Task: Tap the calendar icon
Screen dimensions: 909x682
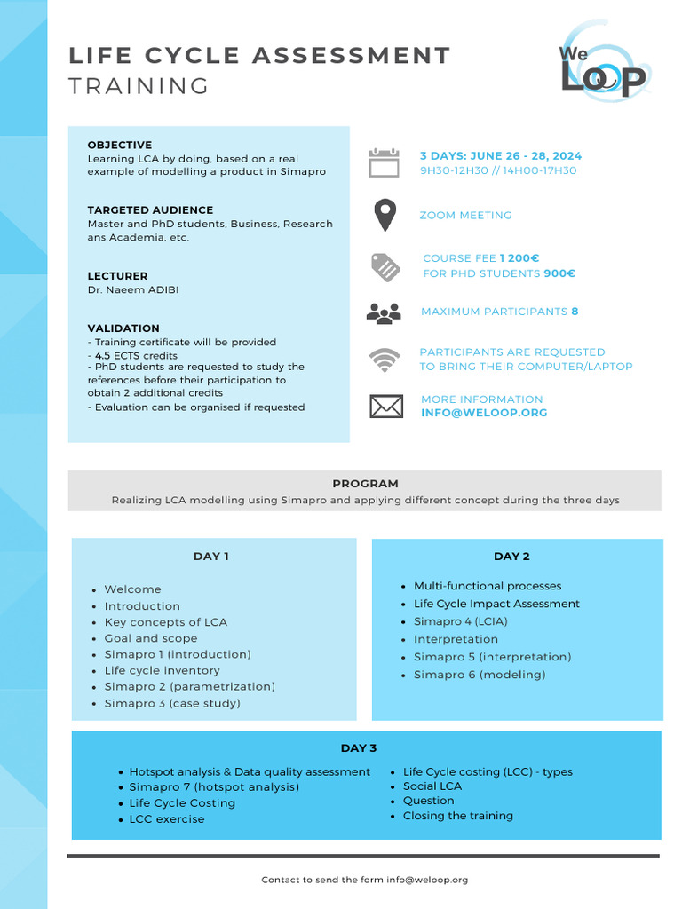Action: tap(385, 163)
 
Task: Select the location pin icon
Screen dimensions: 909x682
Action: tap(385, 216)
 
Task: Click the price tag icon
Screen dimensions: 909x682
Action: tap(385, 266)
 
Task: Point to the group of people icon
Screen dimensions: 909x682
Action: tap(385, 312)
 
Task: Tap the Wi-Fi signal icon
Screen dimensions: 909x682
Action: tap(385, 360)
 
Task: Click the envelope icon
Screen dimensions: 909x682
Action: tap(385, 407)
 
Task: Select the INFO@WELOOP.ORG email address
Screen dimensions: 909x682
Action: tap(484, 413)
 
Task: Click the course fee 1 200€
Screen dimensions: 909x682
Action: tap(519, 258)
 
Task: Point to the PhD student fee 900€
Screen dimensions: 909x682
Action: tap(559, 273)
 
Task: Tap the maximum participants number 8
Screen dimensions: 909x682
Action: tap(575, 312)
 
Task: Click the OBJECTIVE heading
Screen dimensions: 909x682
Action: tap(119, 145)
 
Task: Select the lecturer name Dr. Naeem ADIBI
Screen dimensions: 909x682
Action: tap(133, 290)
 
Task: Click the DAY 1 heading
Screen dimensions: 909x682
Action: tap(211, 557)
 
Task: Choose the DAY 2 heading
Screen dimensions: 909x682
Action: tap(511, 557)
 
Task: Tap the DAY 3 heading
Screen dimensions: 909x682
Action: tap(359, 748)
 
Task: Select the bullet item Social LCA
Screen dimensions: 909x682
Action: tap(432, 786)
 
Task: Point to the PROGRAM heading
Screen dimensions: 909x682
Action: tap(365, 484)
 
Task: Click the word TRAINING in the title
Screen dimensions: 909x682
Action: tap(139, 86)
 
